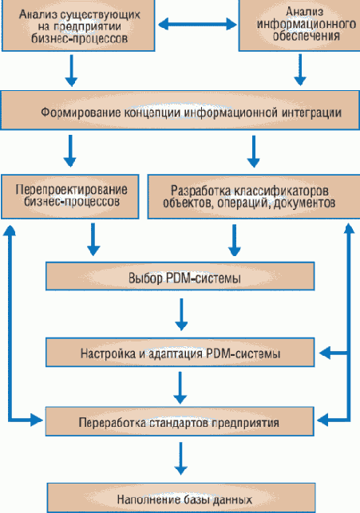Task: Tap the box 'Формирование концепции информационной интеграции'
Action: (180, 112)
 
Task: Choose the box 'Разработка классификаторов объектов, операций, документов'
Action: (249, 197)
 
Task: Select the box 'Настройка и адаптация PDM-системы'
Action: (180, 352)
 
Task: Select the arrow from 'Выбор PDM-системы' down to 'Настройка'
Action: (181, 316)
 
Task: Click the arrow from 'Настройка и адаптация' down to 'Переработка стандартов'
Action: (181, 386)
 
